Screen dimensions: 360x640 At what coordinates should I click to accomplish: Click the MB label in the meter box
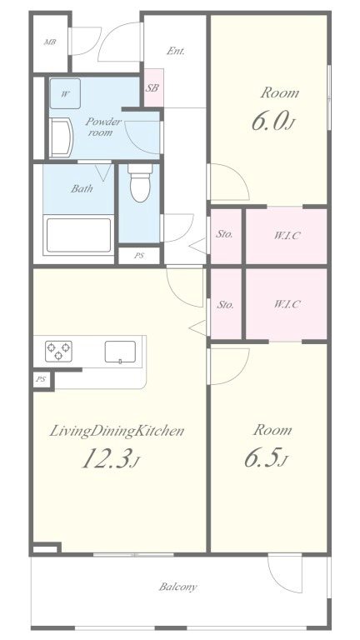click(50, 42)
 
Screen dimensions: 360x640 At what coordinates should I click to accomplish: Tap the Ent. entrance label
click(176, 52)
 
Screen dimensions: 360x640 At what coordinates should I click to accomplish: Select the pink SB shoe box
click(154, 87)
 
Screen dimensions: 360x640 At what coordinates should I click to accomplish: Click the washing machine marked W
click(65, 94)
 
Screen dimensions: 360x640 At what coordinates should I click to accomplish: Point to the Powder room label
click(102, 127)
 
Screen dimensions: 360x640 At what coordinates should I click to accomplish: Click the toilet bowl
click(140, 182)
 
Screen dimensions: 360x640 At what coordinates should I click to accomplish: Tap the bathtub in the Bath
click(79, 236)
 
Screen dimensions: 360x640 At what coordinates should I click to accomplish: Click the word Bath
click(82, 188)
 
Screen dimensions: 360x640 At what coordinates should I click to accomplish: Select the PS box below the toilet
click(139, 256)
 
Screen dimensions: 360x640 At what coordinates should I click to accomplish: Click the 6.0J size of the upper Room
click(272, 122)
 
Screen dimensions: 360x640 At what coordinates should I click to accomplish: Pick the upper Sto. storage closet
click(226, 237)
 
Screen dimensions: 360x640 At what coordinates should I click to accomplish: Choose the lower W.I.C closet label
click(287, 304)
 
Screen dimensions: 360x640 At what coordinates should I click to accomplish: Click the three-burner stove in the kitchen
click(58, 351)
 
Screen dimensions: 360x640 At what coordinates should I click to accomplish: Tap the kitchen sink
click(120, 352)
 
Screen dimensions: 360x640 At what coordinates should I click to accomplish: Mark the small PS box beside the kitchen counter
click(40, 380)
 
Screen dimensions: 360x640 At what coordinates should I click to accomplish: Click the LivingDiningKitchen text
click(117, 432)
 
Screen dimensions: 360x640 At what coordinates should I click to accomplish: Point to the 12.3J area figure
click(111, 459)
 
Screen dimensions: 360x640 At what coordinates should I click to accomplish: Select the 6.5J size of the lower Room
click(266, 458)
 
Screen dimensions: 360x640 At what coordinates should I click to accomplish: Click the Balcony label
click(178, 587)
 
